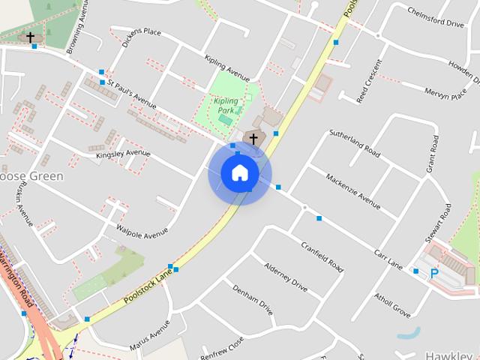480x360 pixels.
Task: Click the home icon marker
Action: pyautogui.click(x=239, y=173)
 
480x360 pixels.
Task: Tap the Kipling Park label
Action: pyautogui.click(x=225, y=106)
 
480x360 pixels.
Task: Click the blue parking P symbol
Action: pyautogui.click(x=433, y=274)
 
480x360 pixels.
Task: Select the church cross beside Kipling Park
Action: pyautogui.click(x=253, y=139)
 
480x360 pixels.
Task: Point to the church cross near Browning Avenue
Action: pyautogui.click(x=31, y=37)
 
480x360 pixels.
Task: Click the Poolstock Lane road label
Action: pyautogui.click(x=148, y=287)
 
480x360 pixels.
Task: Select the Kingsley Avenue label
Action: pyautogui.click(x=123, y=154)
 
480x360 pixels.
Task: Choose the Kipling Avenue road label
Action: pyautogui.click(x=226, y=68)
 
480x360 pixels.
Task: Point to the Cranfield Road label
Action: pyautogui.click(x=322, y=256)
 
